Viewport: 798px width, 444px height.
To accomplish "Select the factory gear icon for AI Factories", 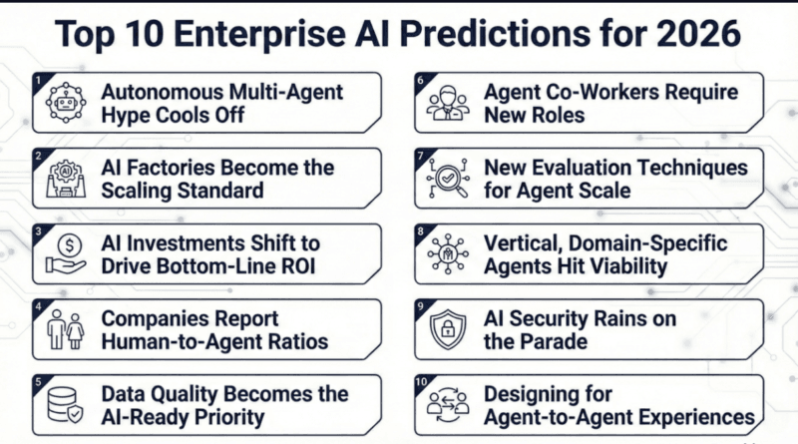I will [x=67, y=179].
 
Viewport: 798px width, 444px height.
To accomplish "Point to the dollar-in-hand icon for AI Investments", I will [x=67, y=254].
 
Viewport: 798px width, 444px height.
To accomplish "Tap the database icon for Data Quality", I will [x=67, y=404].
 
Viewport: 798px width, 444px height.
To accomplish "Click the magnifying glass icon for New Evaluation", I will [x=448, y=179].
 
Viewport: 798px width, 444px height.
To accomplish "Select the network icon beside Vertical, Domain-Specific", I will [x=448, y=254].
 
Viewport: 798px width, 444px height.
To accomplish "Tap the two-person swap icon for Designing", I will [x=448, y=404].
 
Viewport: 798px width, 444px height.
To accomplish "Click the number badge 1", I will [x=37, y=79].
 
